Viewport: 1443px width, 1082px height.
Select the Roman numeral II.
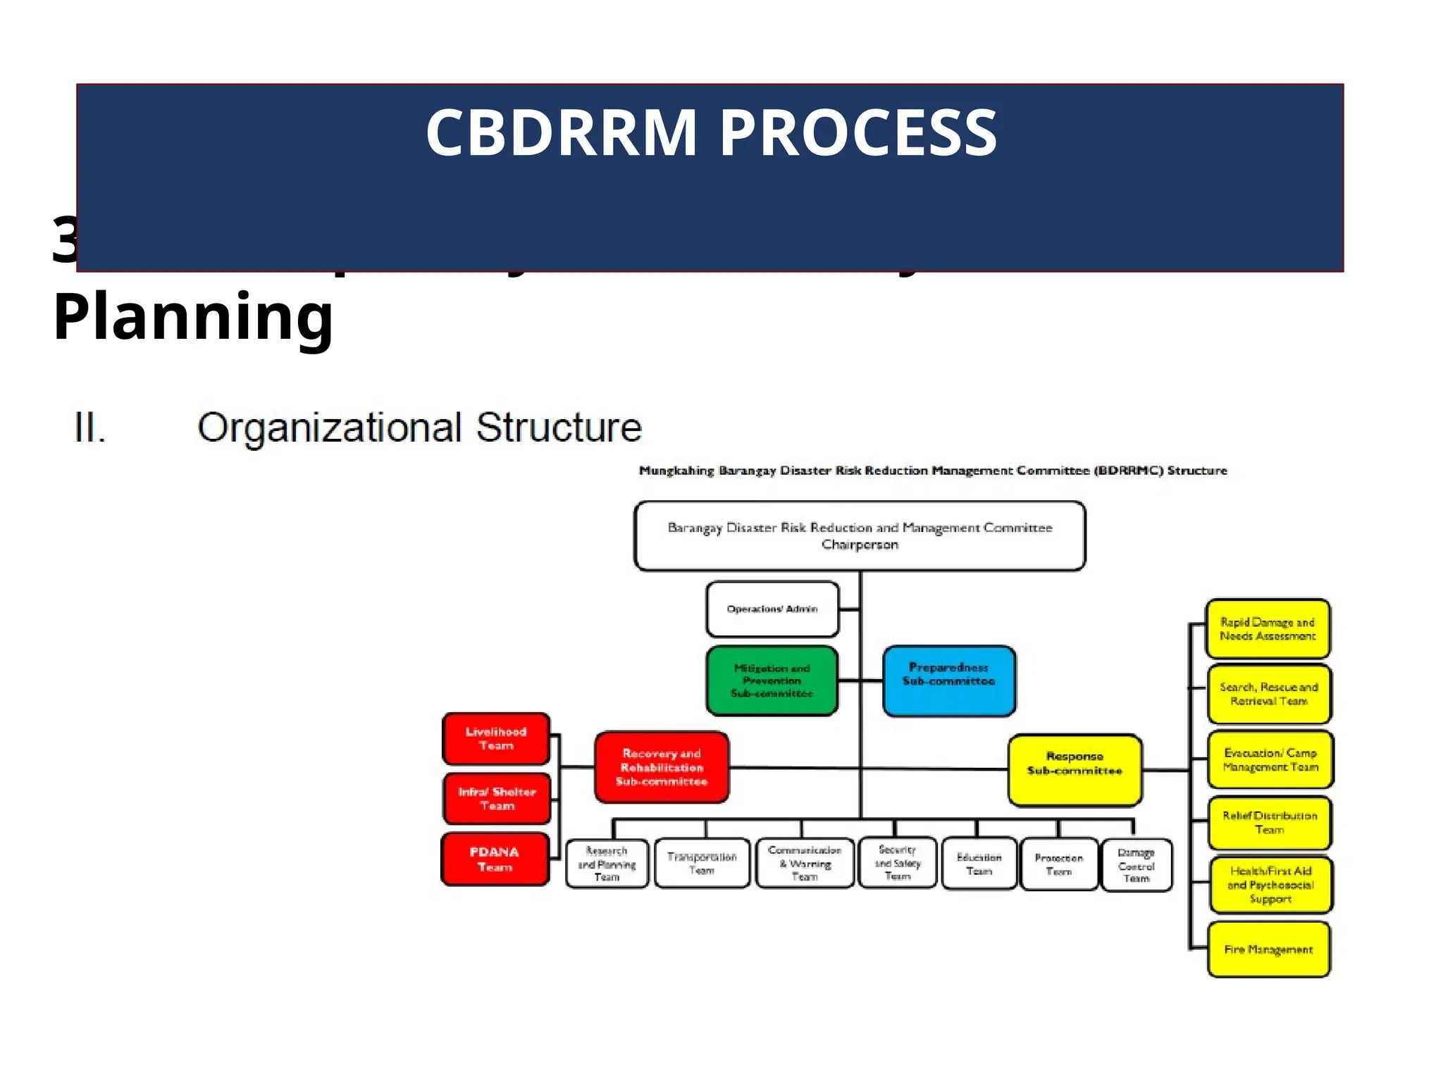(90, 428)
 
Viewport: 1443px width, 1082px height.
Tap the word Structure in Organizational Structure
(559, 428)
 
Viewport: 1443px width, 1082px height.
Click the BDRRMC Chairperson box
(860, 536)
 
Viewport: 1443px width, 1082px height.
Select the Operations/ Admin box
(772, 609)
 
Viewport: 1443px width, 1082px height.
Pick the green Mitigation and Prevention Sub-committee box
(772, 680)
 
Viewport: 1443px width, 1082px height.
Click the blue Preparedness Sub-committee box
(948, 680)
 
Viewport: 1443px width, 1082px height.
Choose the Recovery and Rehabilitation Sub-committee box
(662, 767)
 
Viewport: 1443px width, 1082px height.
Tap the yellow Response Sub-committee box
(1074, 769)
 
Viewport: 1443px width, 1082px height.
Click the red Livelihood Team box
(496, 738)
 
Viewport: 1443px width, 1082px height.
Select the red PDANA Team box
(495, 859)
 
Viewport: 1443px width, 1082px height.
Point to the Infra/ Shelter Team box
(497, 798)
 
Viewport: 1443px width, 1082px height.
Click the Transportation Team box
(702, 863)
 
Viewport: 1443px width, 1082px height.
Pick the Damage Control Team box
(1136, 865)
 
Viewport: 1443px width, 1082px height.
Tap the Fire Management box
(1268, 949)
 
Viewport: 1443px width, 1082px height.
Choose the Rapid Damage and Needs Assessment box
(1268, 629)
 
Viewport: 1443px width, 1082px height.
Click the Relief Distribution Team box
(1270, 822)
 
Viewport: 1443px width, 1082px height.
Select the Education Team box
(979, 864)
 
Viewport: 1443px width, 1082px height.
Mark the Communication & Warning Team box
(805, 863)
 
